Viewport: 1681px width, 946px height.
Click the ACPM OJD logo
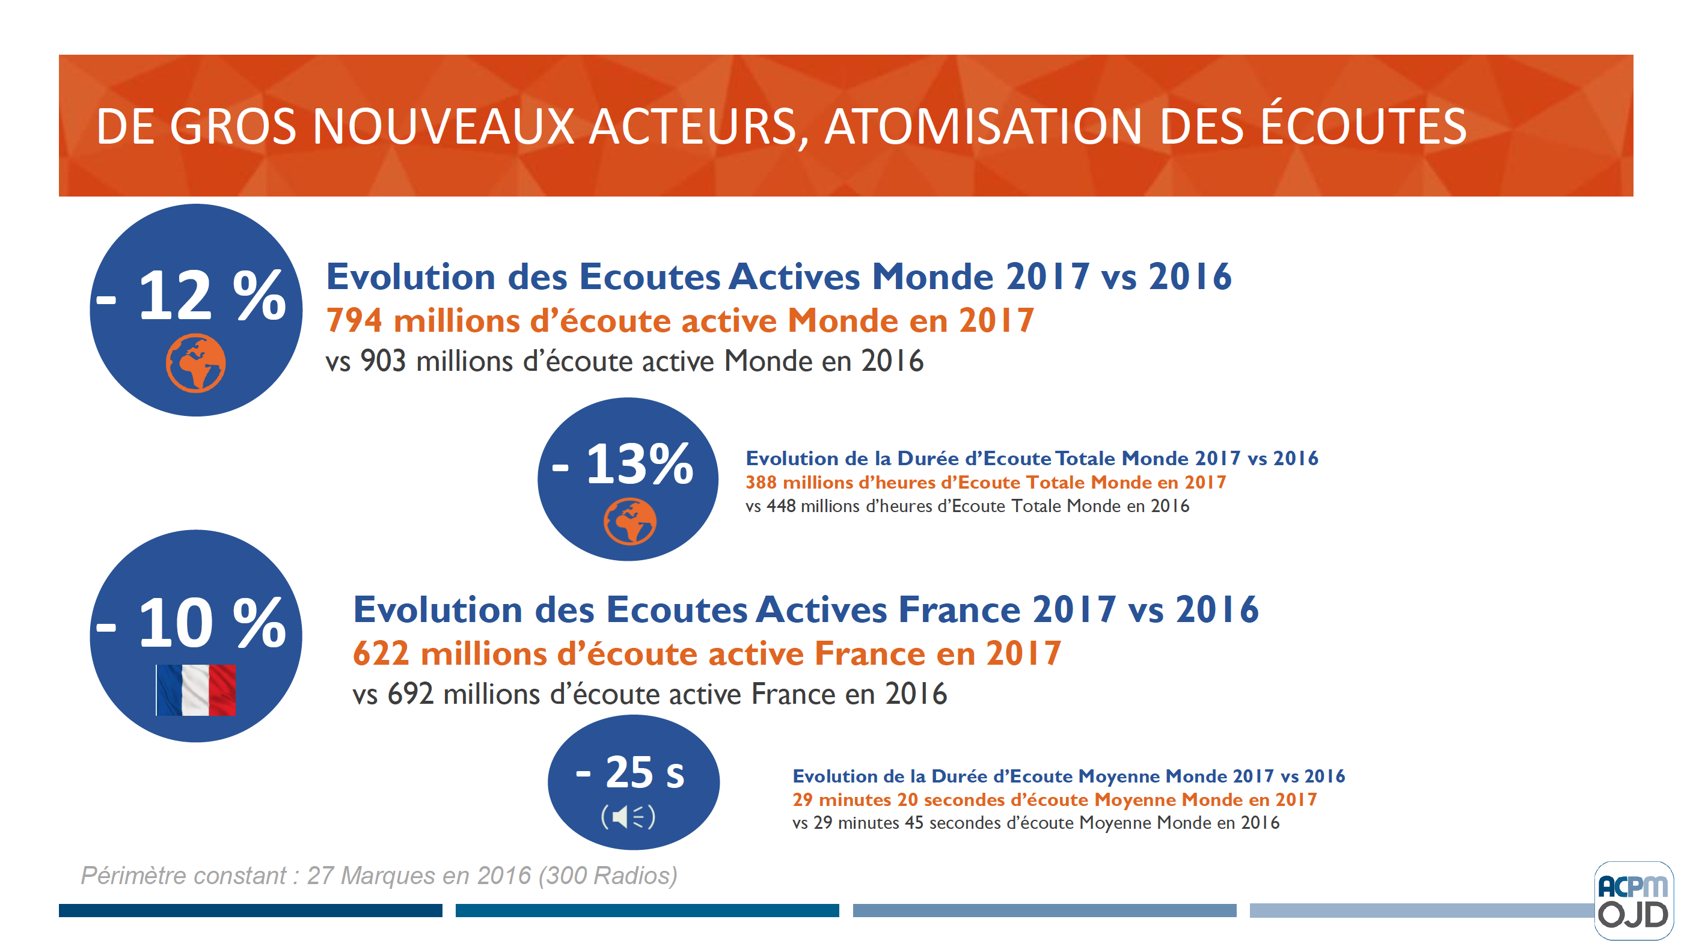tap(1634, 901)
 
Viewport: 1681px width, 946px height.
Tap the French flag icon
tap(196, 689)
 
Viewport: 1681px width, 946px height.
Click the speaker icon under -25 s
tap(628, 816)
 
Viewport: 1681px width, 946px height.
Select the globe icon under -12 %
tap(196, 363)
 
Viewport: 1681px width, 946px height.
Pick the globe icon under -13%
tap(629, 520)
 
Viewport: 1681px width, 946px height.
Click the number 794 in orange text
tap(354, 320)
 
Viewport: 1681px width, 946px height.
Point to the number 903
tap(383, 361)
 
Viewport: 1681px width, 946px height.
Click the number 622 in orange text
tap(381, 653)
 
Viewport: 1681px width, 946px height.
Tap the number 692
tap(411, 694)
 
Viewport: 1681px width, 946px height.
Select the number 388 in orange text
tap(761, 482)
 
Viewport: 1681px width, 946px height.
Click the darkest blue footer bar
tap(250, 910)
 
